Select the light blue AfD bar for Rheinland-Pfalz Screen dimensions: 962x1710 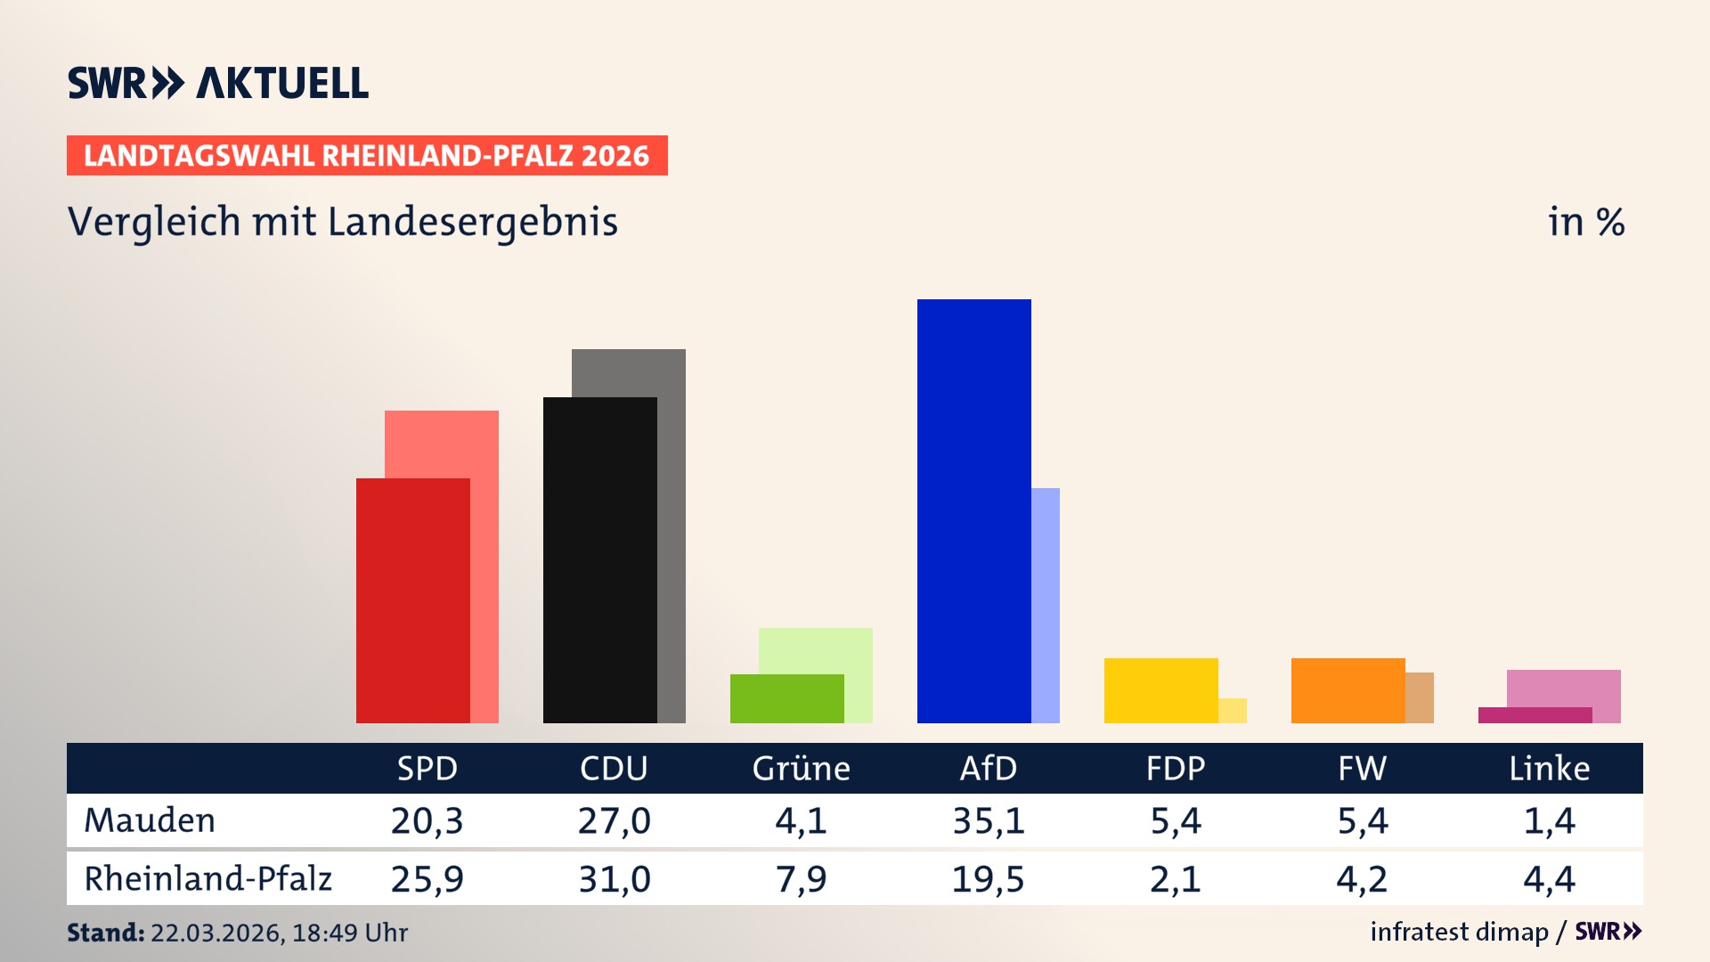[x=1046, y=606]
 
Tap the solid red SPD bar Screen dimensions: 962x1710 [x=412, y=600]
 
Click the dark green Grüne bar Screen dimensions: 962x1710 [x=786, y=698]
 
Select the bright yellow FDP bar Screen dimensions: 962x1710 [x=1160, y=690]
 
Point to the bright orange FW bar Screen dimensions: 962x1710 [x=1348, y=690]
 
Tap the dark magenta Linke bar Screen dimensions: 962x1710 [x=1535, y=715]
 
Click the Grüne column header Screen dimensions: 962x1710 [x=801, y=769]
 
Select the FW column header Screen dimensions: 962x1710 [x=1362, y=769]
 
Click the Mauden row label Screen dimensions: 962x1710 [x=150, y=820]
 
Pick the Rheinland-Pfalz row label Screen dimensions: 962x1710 [x=208, y=879]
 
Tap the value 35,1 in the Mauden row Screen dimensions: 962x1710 [x=988, y=820]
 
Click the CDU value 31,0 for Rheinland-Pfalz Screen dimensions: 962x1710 [x=614, y=879]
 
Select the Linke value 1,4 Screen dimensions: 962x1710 [x=1549, y=820]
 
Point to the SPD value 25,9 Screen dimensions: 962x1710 [x=427, y=879]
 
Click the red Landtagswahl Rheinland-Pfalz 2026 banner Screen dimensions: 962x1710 [x=367, y=156]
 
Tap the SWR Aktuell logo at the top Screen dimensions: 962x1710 [x=218, y=83]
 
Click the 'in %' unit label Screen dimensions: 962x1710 [x=1585, y=222]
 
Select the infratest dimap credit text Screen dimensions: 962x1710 [x=1459, y=932]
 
